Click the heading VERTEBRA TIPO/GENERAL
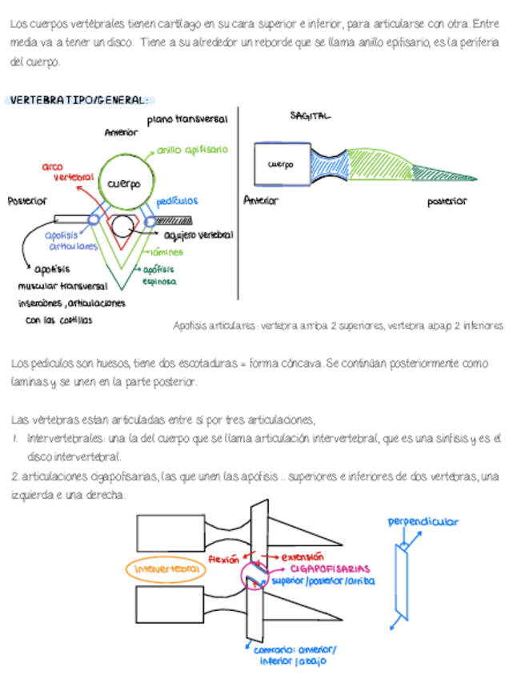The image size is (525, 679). (78, 100)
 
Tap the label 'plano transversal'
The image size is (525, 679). (187, 119)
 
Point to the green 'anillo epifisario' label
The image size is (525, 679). (192, 149)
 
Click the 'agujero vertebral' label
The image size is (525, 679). (198, 235)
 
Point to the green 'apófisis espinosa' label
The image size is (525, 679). (159, 275)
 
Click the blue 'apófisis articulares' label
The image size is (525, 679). (69, 240)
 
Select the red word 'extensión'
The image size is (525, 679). (303, 556)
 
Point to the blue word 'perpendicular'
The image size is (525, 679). (423, 521)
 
